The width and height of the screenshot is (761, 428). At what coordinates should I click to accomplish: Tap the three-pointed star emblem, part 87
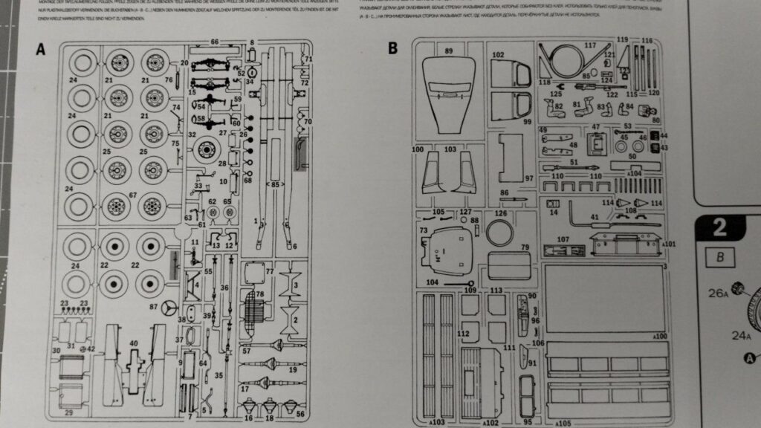tap(169, 308)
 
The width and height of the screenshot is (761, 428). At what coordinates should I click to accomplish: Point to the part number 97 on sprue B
tap(528, 179)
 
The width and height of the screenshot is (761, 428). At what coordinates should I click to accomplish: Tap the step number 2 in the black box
tap(719, 227)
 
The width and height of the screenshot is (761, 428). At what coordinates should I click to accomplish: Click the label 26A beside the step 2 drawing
tap(717, 293)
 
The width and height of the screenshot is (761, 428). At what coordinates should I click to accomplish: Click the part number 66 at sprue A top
tap(214, 42)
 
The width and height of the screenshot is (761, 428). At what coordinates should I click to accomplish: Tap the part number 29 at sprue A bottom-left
tap(69, 411)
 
